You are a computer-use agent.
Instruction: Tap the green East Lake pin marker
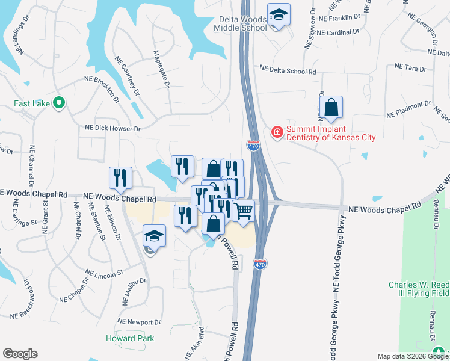59,103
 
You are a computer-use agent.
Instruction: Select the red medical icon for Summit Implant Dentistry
277,132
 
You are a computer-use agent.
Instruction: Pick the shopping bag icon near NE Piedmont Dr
331,108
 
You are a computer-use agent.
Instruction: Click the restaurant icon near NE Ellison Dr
120,177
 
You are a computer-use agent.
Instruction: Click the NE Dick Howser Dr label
112,128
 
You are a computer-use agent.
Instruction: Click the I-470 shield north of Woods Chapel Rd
253,146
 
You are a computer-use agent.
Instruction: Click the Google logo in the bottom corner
20,354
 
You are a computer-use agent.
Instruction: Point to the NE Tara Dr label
410,68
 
